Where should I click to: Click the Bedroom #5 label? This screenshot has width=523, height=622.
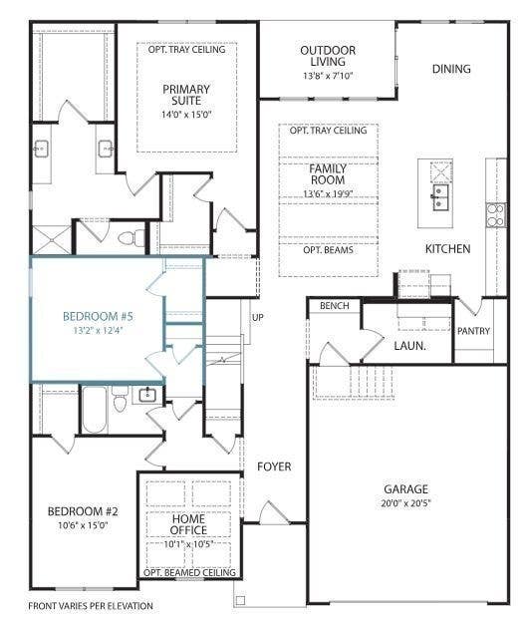pyautogui.click(x=98, y=316)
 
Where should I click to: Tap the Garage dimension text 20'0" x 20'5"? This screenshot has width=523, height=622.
pyautogui.click(x=405, y=503)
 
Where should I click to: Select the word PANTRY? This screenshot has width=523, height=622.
pyautogui.click(x=473, y=331)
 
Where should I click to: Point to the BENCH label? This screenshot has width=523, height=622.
pyautogui.click(x=335, y=306)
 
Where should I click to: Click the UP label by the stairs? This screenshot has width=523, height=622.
pyautogui.click(x=258, y=317)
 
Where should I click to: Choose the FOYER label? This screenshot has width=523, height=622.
pyautogui.click(x=274, y=466)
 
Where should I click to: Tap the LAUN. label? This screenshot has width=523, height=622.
pyautogui.click(x=410, y=346)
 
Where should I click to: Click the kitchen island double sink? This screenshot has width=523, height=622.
pyautogui.click(x=440, y=196)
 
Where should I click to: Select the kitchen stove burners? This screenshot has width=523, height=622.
pyautogui.click(x=496, y=214)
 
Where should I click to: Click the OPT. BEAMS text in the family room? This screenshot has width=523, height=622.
pyautogui.click(x=328, y=250)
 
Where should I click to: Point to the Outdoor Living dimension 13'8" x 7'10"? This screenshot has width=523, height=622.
pyautogui.click(x=328, y=76)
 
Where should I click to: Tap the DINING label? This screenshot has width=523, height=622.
pyautogui.click(x=451, y=69)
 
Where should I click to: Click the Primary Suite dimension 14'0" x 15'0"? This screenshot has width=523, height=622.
pyautogui.click(x=186, y=115)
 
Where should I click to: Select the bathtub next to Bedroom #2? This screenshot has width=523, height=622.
pyautogui.click(x=95, y=410)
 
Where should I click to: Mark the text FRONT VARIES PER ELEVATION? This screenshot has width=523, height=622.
pyautogui.click(x=91, y=606)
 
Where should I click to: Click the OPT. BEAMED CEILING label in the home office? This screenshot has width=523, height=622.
pyautogui.click(x=189, y=573)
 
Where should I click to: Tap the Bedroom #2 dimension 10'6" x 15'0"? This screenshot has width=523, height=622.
pyautogui.click(x=83, y=525)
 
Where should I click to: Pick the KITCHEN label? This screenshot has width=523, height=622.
pyautogui.click(x=447, y=249)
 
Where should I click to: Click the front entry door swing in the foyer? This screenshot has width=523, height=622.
pyautogui.click(x=275, y=512)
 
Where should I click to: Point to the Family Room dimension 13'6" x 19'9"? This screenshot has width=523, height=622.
pyautogui.click(x=328, y=194)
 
